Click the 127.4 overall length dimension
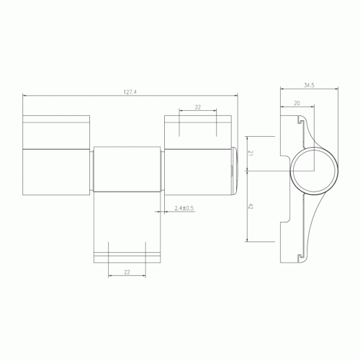pyautogui.click(x=130, y=92)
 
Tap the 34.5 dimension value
pyautogui.click(x=309, y=85)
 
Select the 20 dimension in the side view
pyautogui.click(x=297, y=103)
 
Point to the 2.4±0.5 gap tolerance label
pyautogui.click(x=184, y=208)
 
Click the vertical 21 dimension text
pyautogui.click(x=250, y=153)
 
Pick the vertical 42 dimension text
pyautogui.click(x=250, y=206)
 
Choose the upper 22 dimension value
pyautogui.click(x=197, y=107)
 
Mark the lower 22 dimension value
pyautogui.click(x=127, y=272)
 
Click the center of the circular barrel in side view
pyautogui.click(x=314, y=171)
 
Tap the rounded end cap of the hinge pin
pyautogui.click(x=235, y=171)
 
